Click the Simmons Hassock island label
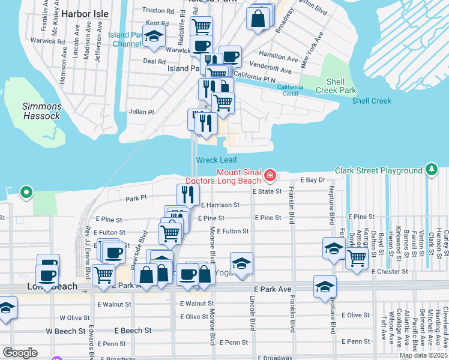pyautogui.click(x=41, y=111)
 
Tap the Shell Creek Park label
pyautogui.click(x=341, y=86)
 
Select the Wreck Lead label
pyautogui.click(x=215, y=160)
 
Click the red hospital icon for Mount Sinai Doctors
pyautogui.click(x=270, y=176)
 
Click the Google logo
pyautogui.click(x=20, y=353)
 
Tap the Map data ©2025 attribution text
pyautogui.click(x=423, y=355)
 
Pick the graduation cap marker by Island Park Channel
pyautogui.click(x=154, y=37)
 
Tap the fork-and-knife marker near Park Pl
pyautogui.click(x=188, y=194)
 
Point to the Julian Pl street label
pyautogui.click(x=142, y=112)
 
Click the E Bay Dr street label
pyautogui.click(x=312, y=180)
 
